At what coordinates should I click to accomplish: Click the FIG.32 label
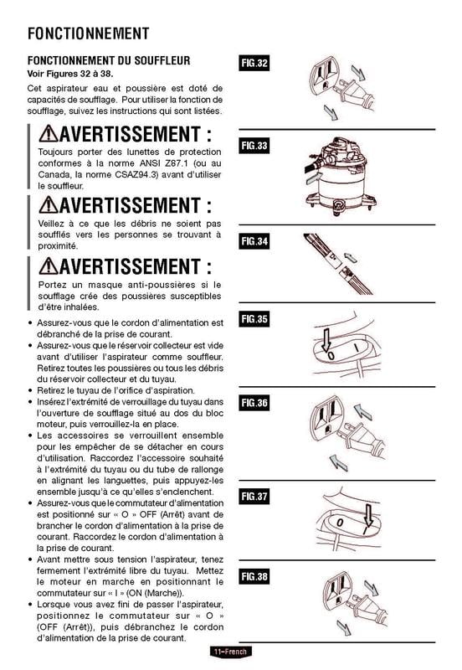coord(254,64)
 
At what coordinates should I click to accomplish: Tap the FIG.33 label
coord(254,146)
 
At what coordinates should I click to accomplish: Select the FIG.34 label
coord(254,241)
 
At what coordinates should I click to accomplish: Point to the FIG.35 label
coord(254,319)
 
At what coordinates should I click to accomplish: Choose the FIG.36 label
coord(254,403)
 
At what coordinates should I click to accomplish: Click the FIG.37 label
coord(254,497)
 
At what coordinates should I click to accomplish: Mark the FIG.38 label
coord(254,577)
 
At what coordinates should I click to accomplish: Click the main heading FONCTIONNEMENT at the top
coord(89,33)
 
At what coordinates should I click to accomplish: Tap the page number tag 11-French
coord(230,652)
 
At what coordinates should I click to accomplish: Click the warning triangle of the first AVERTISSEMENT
coord(49,134)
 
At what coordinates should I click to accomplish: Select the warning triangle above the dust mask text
coord(49,266)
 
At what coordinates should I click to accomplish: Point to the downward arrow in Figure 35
coord(326,340)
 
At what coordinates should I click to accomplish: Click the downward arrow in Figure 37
coord(368,515)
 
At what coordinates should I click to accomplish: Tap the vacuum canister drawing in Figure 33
coord(341,176)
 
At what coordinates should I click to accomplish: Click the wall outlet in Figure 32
coord(324,76)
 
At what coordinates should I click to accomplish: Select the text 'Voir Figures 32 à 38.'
coord(70,74)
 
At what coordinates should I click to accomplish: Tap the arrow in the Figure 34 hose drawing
coord(351,258)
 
